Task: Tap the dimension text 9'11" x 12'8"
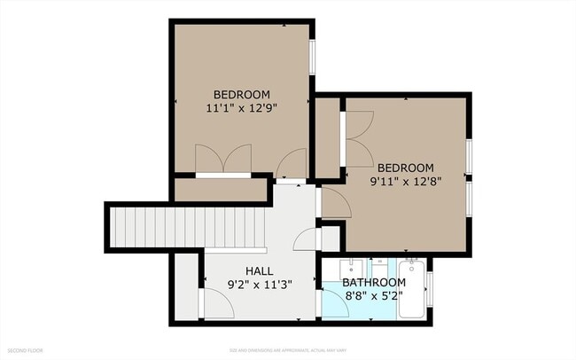406,184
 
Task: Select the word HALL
259,270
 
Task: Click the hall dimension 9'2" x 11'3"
259,285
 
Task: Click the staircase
186,227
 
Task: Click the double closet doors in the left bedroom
222,160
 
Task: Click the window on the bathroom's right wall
430,289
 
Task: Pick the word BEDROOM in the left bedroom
242,95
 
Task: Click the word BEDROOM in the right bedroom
406,168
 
